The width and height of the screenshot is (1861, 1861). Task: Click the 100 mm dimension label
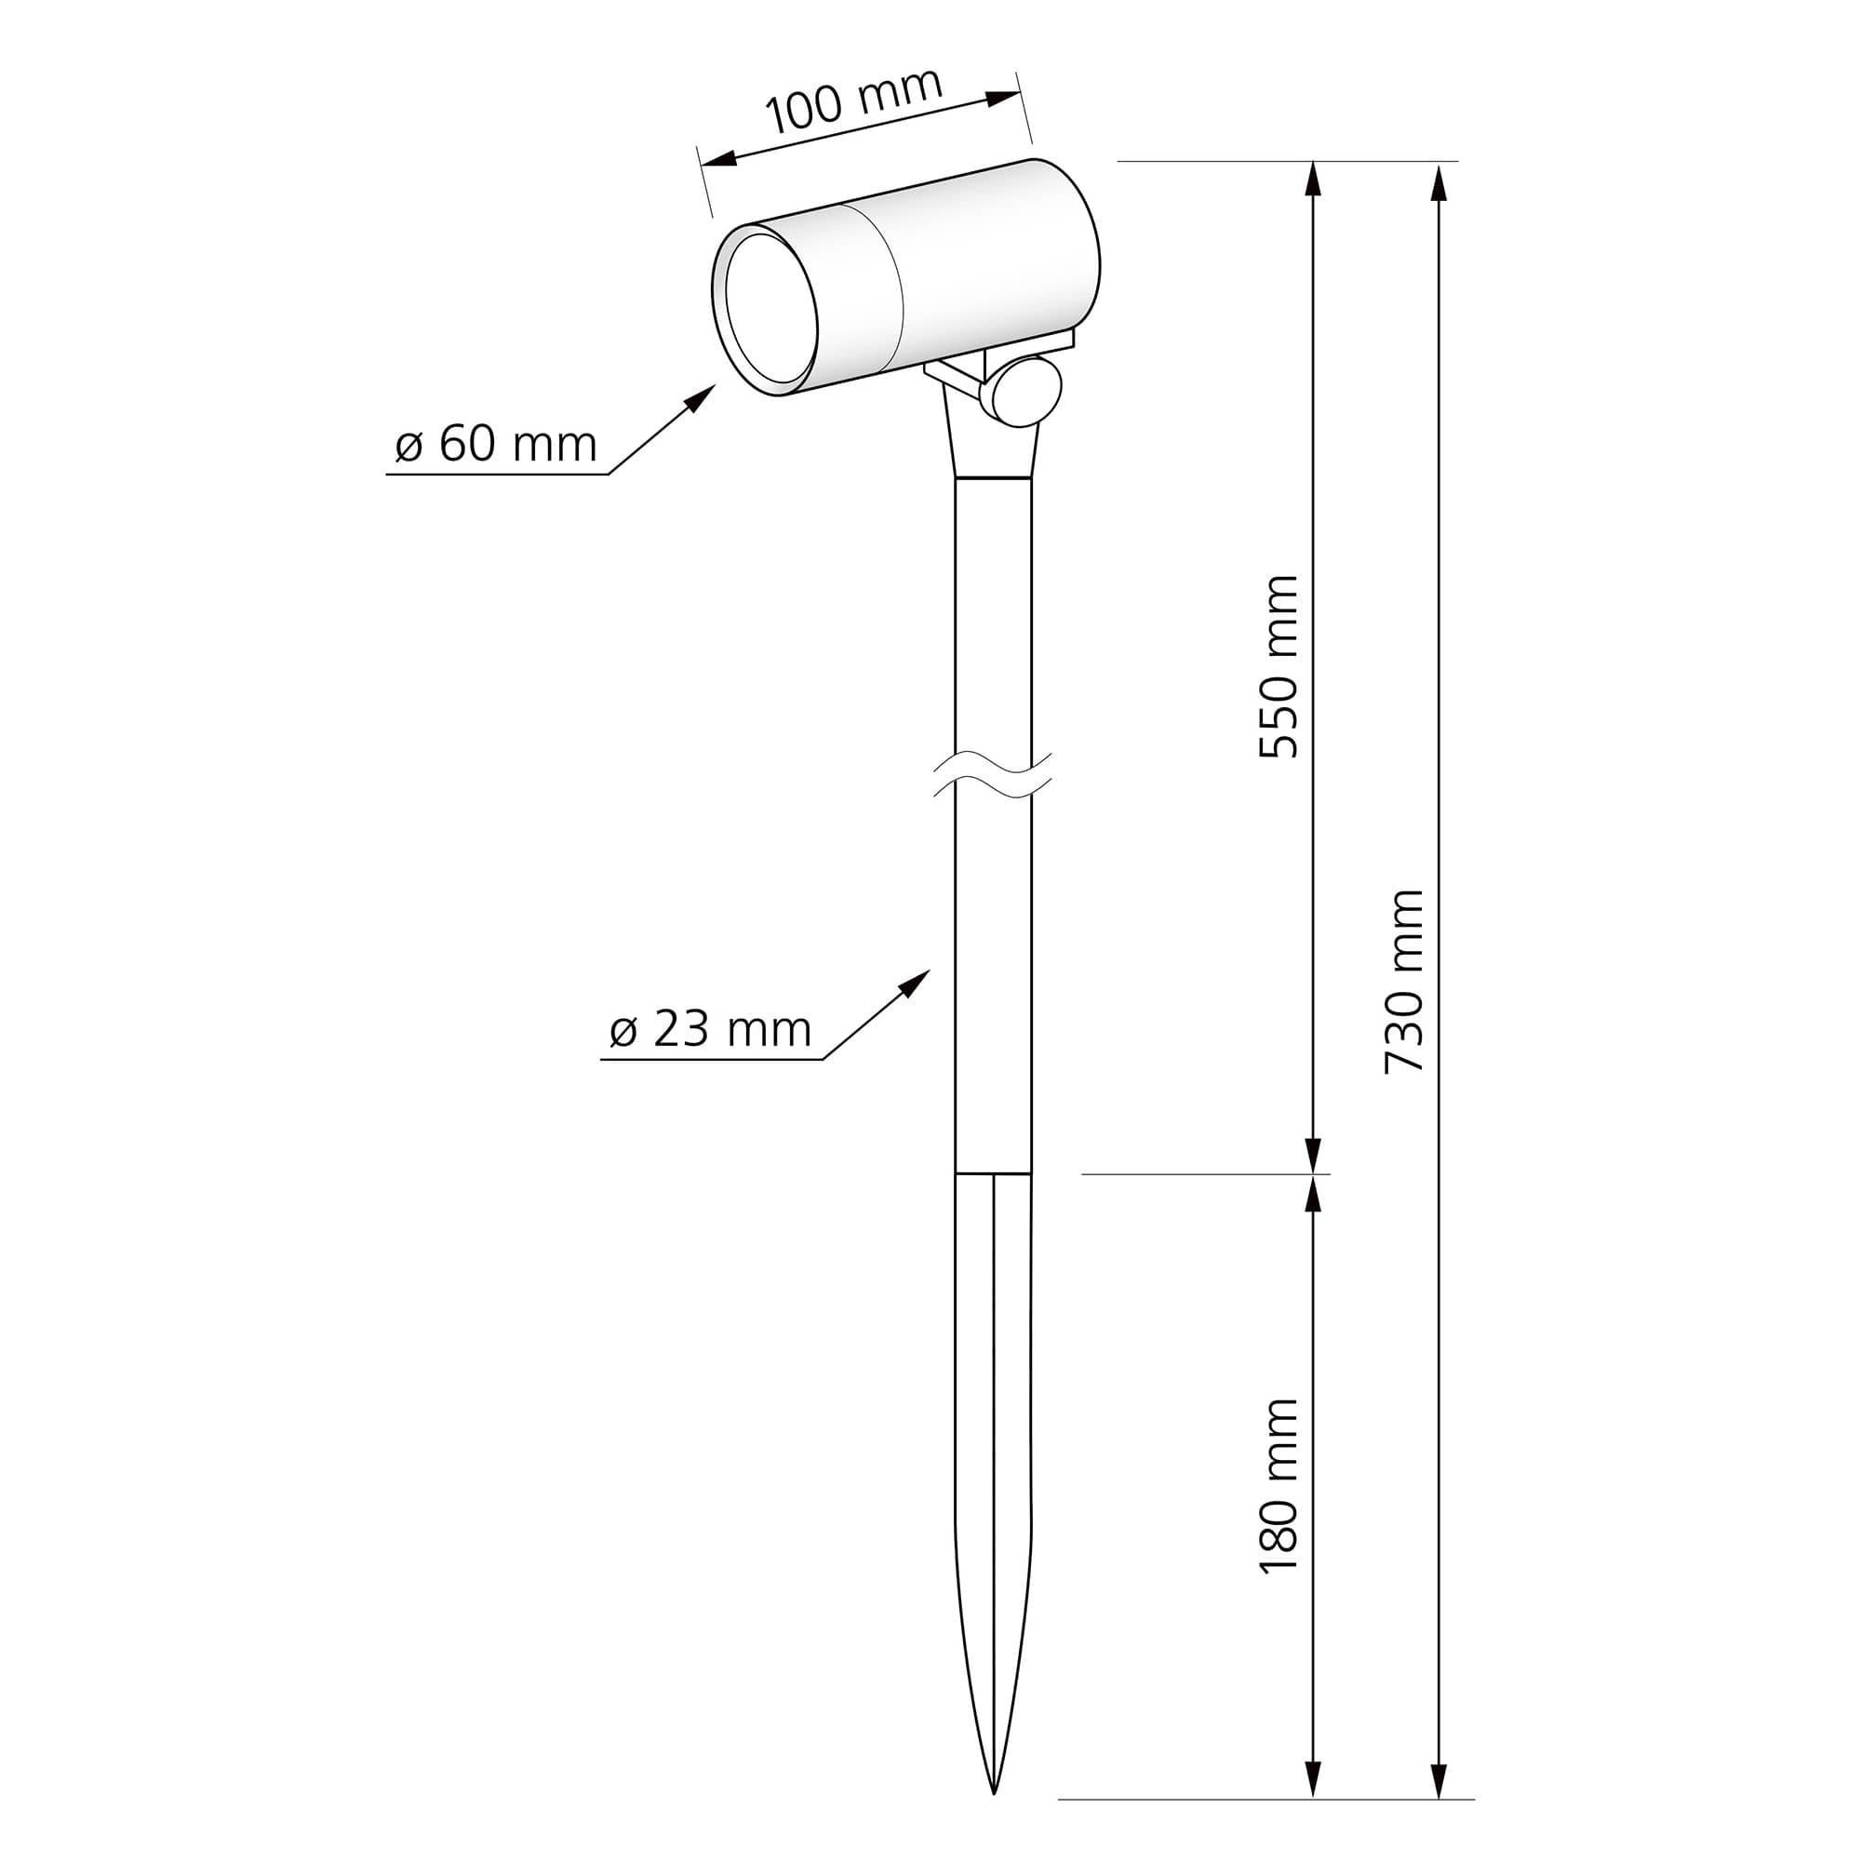pyautogui.click(x=853, y=100)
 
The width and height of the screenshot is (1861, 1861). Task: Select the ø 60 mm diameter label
pyautogui.click(x=496, y=445)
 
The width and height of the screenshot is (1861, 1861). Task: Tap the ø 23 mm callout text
pyautogui.click(x=711, y=1030)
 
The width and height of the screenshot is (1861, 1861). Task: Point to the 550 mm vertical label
pyautogui.click(x=1279, y=666)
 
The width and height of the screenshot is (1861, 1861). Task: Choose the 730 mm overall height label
pyautogui.click(x=1403, y=982)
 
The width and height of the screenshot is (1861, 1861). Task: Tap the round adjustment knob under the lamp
pyautogui.click(x=1028, y=390)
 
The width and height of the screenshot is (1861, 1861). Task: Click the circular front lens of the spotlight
pyautogui.click(x=771, y=308)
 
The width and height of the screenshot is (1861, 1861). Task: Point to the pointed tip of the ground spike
pyautogui.click(x=993, y=1791)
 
